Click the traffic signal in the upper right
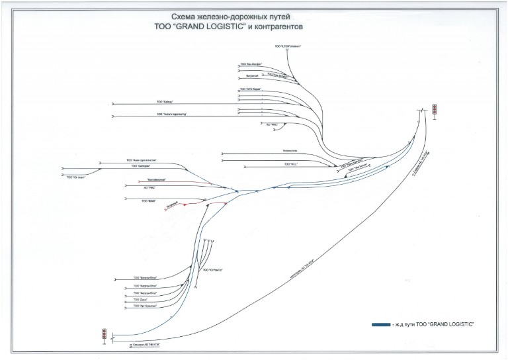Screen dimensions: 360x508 pyautogui.click(x=435, y=111)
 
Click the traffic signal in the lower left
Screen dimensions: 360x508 pyautogui.click(x=104, y=335)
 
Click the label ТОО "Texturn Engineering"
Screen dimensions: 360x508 pyautogui.click(x=172, y=114)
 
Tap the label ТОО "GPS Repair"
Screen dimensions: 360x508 pyautogui.click(x=250, y=88)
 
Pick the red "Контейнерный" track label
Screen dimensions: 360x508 pyautogui.click(x=151, y=181)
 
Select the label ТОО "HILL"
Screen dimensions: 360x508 pyautogui.click(x=291, y=163)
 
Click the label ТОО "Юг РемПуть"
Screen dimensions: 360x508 pyautogui.click(x=210, y=270)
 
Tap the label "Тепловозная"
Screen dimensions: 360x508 pyautogui.click(x=289, y=150)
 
